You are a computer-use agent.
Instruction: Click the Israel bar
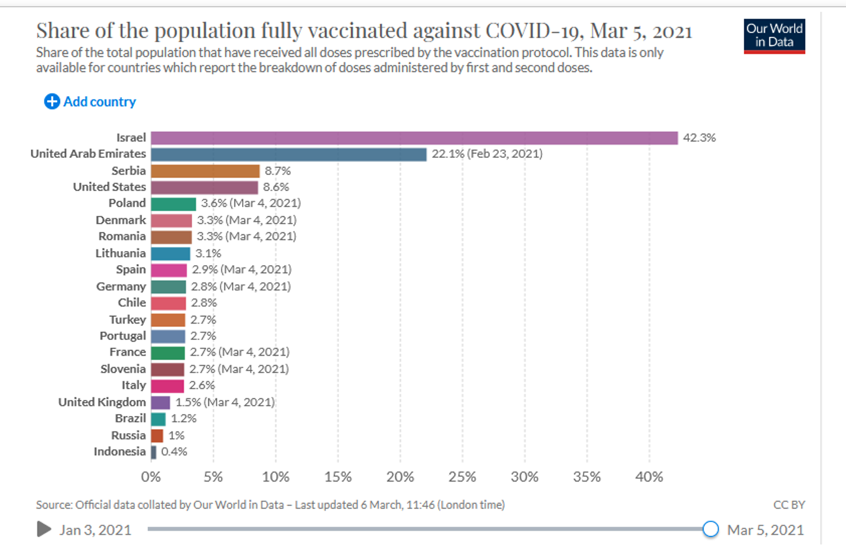pyautogui.click(x=414, y=138)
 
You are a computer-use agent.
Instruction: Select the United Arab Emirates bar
pyautogui.click(x=289, y=155)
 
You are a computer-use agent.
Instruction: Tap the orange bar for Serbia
pyautogui.click(x=205, y=171)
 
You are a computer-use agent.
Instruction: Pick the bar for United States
pyautogui.click(x=204, y=187)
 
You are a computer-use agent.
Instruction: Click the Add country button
pyautogui.click(x=90, y=102)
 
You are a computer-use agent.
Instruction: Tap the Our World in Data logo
pyautogui.click(x=774, y=36)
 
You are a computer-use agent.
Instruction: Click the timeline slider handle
pyautogui.click(x=710, y=529)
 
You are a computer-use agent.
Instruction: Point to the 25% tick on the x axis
pyautogui.click(x=462, y=477)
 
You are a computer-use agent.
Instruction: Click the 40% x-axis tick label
pyautogui.click(x=649, y=477)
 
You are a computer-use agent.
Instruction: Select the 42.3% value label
pyautogui.click(x=699, y=138)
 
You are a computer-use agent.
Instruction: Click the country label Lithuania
pyautogui.click(x=120, y=253)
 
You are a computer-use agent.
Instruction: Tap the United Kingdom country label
pyautogui.click(x=102, y=402)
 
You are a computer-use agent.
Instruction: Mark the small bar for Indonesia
pyautogui.click(x=154, y=452)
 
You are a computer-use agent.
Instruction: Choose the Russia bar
pyautogui.click(x=157, y=435)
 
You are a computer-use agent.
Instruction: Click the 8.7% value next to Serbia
pyautogui.click(x=278, y=171)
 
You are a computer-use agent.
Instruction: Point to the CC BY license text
pyautogui.click(x=789, y=505)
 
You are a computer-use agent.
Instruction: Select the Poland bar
pyautogui.click(x=173, y=203)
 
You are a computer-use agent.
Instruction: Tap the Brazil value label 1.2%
pyautogui.click(x=184, y=419)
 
